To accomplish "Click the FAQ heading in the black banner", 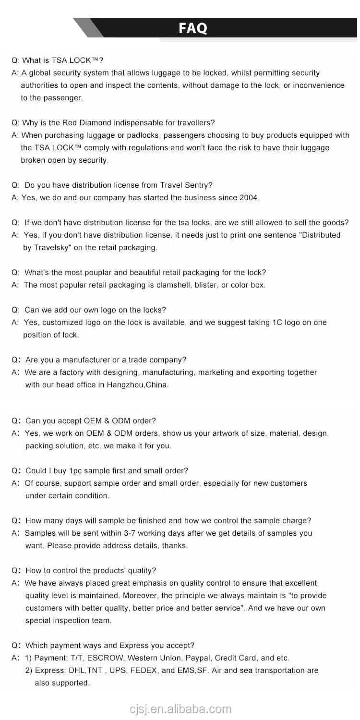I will pos(193,28).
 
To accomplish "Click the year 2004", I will pos(249,198).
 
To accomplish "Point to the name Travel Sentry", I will pos(186,185).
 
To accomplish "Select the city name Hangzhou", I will pos(125,385).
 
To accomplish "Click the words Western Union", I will pos(152,658).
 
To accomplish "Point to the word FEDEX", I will pos(144,671).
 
